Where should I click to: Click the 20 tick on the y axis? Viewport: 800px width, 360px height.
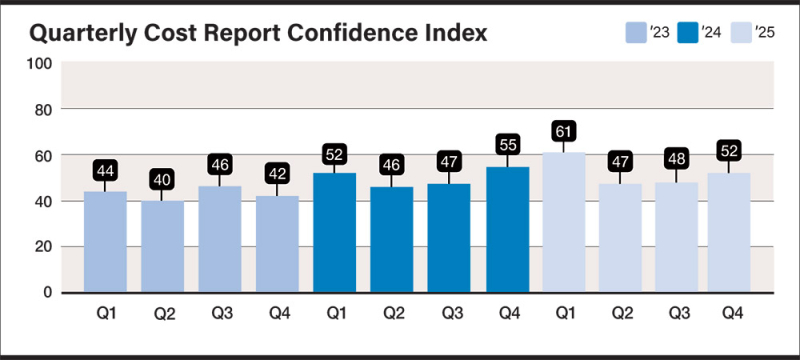coord(43,247)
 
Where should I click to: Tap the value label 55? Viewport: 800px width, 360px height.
coord(507,144)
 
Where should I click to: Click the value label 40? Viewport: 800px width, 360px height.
coord(163,180)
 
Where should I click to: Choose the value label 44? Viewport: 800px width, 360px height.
coord(105,170)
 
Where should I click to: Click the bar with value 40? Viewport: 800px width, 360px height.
coord(163,246)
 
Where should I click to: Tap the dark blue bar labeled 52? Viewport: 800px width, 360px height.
coord(335,232)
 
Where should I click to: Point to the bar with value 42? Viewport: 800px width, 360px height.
coord(277,244)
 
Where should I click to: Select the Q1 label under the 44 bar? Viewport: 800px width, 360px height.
coord(105,312)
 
